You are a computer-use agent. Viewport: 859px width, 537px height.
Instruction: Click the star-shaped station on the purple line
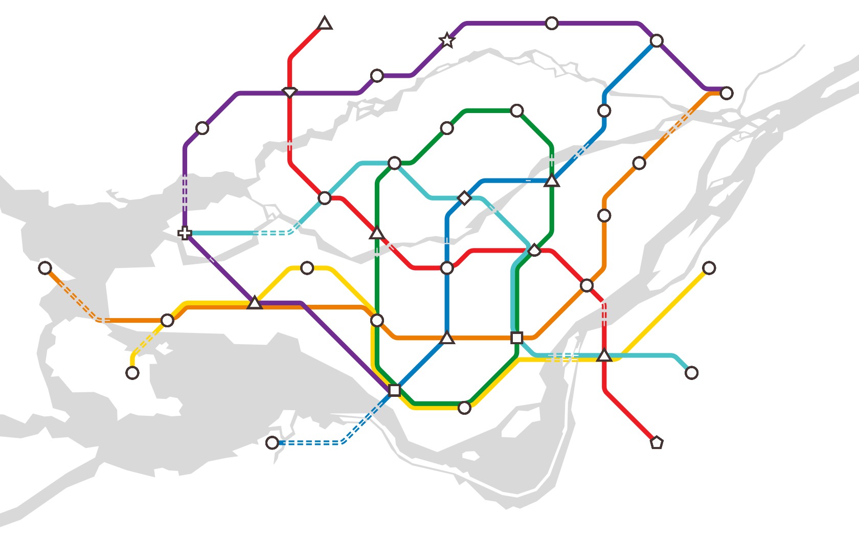[447, 40]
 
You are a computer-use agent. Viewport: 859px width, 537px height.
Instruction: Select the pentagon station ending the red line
[657, 442]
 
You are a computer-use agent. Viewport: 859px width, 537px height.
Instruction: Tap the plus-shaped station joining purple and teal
[185, 233]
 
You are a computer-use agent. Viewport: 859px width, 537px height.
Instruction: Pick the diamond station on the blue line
[464, 198]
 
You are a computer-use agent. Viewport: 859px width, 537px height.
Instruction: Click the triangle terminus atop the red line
[325, 24]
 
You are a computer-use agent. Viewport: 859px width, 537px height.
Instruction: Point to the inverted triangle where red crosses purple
[290, 93]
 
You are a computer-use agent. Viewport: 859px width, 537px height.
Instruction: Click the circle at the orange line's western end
[45, 267]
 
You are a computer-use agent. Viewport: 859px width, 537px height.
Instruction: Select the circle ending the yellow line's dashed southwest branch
[132, 373]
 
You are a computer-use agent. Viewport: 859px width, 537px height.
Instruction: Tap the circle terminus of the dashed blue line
[272, 442]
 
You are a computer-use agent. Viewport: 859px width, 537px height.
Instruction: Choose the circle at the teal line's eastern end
[691, 373]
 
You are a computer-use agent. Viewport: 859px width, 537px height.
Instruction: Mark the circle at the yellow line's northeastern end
[709, 267]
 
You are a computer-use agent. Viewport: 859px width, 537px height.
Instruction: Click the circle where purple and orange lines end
[727, 93]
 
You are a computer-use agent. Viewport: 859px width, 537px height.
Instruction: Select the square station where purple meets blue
[394, 390]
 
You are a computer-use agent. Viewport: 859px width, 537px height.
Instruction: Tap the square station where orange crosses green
[517, 338]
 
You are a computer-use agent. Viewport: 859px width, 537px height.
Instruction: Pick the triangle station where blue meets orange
[447, 338]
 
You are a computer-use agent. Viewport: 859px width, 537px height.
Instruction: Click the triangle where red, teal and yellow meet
[604, 355]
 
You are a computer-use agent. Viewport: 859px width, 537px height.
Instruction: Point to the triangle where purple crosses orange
[255, 303]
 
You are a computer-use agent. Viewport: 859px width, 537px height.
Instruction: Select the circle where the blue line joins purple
[657, 40]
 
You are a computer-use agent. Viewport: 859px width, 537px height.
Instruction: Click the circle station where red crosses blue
[447, 267]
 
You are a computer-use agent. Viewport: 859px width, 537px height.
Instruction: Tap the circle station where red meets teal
[325, 198]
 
